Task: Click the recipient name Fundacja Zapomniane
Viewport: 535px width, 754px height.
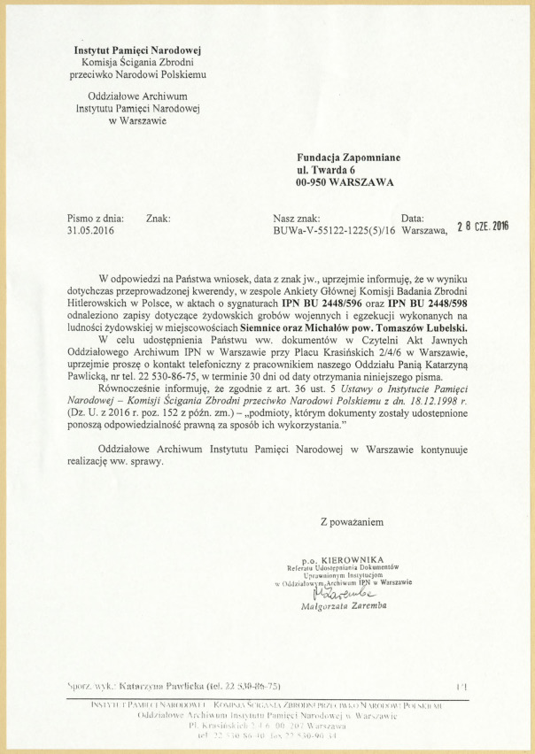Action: point(348,158)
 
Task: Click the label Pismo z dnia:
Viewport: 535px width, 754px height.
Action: point(96,218)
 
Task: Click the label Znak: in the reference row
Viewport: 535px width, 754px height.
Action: point(158,218)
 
